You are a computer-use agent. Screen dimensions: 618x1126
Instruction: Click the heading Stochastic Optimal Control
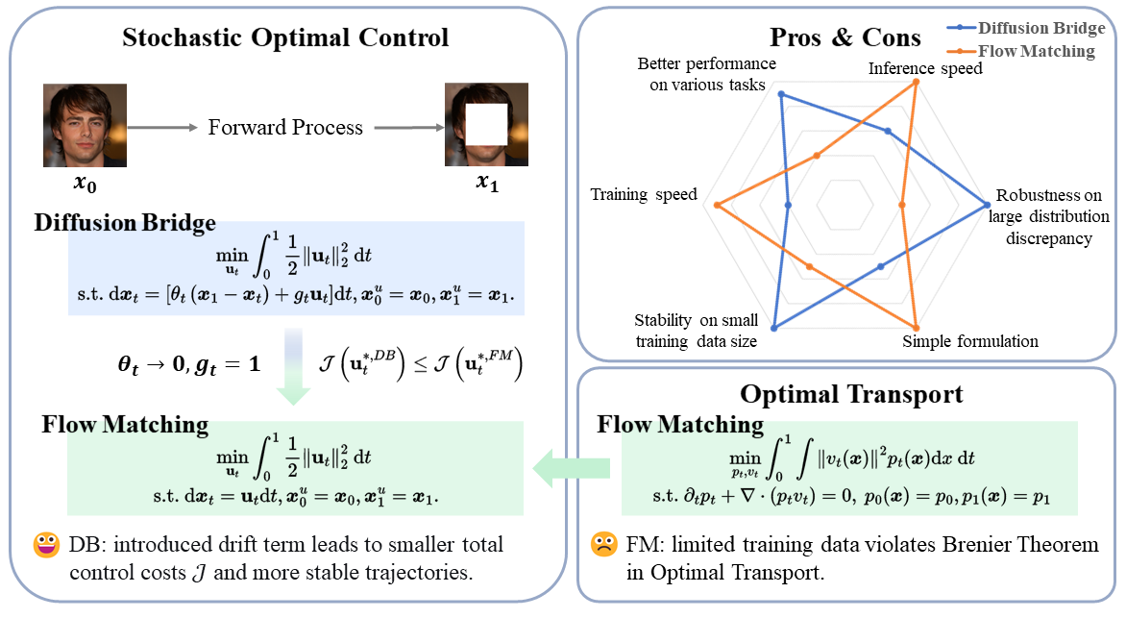coord(285,37)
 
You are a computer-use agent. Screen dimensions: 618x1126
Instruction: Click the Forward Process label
coord(285,127)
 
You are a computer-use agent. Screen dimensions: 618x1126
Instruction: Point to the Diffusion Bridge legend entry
coord(1040,29)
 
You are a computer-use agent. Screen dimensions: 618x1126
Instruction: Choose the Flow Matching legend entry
coord(1036,51)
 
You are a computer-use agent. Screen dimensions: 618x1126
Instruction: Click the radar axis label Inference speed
coord(925,69)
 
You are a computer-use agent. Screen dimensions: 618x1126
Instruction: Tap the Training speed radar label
coord(644,195)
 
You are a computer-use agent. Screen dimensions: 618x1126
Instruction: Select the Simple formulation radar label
coord(970,341)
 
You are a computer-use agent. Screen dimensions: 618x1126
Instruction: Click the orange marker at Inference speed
coord(916,82)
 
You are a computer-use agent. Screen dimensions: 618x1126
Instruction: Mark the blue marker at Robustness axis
coord(987,204)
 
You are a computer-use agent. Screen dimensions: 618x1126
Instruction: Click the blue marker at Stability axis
coord(774,328)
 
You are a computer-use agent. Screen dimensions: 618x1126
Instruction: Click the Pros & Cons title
coord(845,38)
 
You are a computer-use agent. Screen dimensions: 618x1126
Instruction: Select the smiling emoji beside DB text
coord(46,546)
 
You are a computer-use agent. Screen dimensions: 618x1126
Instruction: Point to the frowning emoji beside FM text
coord(603,546)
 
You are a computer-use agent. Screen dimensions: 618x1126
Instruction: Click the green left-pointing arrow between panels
coord(574,466)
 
